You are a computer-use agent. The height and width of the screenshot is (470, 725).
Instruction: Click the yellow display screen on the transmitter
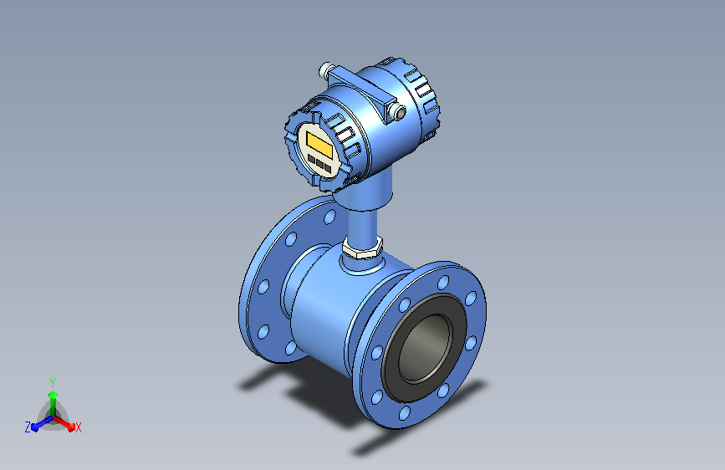point(319,144)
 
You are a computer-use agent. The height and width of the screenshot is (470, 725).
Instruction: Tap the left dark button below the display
point(311,159)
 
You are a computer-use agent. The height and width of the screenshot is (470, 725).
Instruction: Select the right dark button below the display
point(328,167)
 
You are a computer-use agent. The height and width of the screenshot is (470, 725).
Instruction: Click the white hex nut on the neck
point(363,248)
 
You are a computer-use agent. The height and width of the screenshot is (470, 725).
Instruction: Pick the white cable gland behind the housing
point(325,70)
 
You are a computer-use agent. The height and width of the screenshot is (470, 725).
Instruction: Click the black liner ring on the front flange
point(423,348)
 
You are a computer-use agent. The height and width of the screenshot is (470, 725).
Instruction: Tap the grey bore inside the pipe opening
point(425,349)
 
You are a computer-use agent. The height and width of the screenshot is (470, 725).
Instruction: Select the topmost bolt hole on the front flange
point(443,282)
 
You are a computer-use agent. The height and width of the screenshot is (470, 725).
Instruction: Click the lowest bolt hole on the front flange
point(405,412)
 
